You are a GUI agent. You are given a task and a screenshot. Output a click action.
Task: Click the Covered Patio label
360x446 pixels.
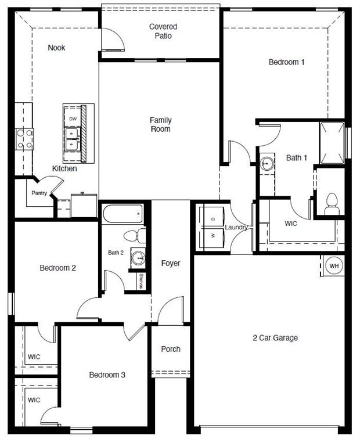163,31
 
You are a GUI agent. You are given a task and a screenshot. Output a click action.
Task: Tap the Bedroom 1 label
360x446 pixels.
286,62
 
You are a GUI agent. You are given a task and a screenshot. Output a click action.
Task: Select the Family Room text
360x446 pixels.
161,124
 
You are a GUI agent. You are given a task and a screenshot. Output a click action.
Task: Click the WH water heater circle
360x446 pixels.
334,266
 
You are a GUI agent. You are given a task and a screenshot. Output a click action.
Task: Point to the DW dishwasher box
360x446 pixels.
73,118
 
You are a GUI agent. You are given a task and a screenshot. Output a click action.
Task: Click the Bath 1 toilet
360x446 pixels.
332,203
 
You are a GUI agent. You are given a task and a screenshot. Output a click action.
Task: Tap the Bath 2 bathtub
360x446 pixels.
123,214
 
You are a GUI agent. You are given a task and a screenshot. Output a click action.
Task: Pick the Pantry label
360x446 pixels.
39,193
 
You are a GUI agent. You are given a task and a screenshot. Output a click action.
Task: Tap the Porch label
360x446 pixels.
171,349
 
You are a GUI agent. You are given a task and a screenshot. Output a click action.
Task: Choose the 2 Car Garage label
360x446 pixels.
275,338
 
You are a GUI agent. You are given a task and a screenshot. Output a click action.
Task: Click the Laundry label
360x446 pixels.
236,227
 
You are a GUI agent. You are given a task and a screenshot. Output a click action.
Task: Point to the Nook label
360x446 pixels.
56,48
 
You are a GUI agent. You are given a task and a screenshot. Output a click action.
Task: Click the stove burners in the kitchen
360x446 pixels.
24,139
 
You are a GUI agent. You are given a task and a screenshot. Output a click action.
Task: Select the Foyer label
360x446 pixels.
171,263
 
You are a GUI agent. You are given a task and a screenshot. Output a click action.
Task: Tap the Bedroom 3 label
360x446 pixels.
107,375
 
